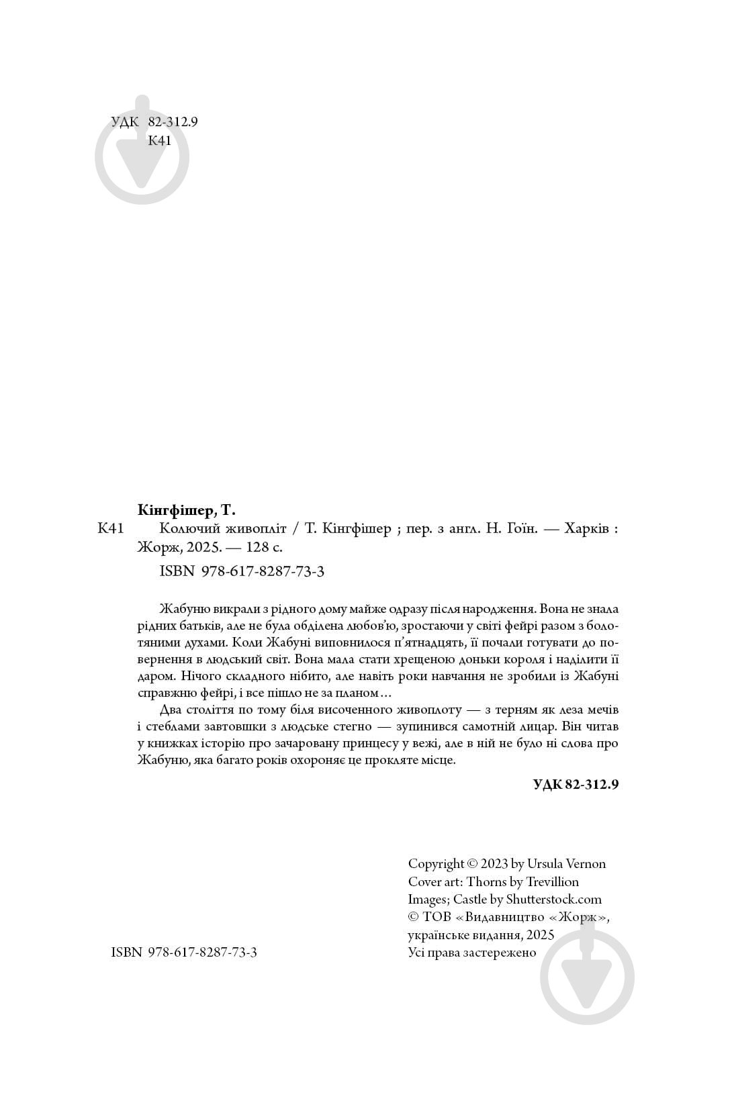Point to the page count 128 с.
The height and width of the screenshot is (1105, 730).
(x=264, y=547)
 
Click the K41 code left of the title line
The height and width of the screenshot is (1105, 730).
(x=111, y=529)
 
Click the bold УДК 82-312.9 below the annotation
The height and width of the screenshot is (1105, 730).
(x=576, y=784)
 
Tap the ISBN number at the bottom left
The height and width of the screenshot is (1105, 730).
(x=184, y=953)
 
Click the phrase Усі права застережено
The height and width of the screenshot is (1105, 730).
(x=472, y=953)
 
